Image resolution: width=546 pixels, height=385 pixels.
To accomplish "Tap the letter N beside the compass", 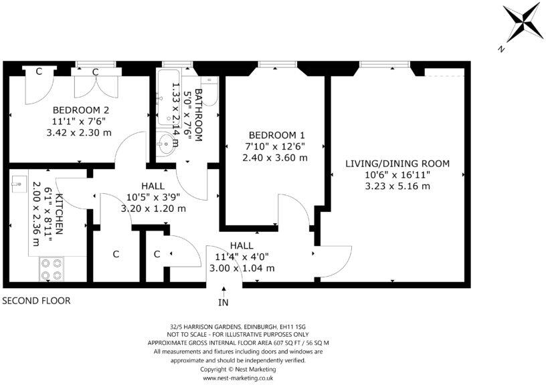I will click(x=500, y=48).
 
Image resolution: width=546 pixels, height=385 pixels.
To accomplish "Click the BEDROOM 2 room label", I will click(x=81, y=110).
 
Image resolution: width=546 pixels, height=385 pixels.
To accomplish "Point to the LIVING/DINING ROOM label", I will click(x=397, y=163).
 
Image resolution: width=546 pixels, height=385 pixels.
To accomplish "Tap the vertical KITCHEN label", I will click(x=59, y=214).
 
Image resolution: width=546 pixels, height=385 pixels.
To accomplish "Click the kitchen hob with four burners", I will click(x=52, y=269).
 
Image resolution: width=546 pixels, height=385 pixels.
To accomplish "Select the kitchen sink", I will click(x=18, y=180).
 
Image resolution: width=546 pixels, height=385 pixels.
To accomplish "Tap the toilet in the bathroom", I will click(x=210, y=94).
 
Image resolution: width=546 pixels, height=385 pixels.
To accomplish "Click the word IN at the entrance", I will click(x=223, y=302).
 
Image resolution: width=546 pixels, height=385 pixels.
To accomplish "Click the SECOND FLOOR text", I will click(x=36, y=301).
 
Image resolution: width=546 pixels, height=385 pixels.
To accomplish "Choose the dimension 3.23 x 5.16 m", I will click(x=397, y=186).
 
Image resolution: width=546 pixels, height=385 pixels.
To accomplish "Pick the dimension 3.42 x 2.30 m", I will click(x=81, y=133).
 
